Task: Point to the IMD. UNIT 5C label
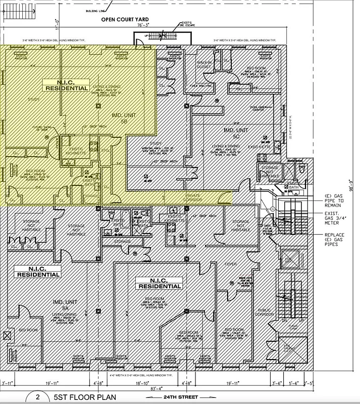[235, 133]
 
